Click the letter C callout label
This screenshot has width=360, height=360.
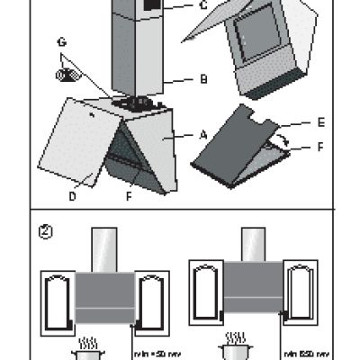point(202,5)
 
